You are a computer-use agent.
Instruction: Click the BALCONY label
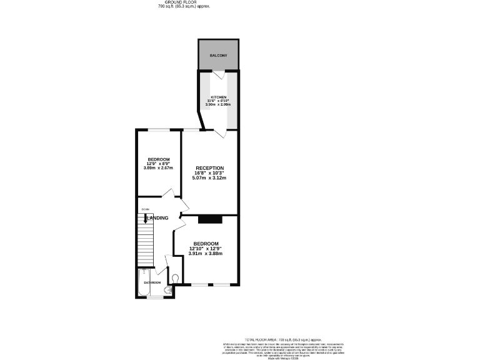click(x=218, y=56)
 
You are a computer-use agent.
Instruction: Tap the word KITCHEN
click(x=218, y=97)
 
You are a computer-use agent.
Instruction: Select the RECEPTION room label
click(x=209, y=168)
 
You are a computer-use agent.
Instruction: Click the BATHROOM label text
click(x=152, y=282)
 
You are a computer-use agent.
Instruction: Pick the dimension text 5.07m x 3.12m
click(x=209, y=178)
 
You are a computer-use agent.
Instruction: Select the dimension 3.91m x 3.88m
click(x=206, y=253)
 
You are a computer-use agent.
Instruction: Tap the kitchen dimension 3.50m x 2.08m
click(x=218, y=105)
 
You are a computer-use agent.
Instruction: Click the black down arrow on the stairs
click(x=146, y=219)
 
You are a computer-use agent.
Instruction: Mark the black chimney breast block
click(x=210, y=219)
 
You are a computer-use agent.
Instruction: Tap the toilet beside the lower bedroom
click(x=174, y=279)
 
